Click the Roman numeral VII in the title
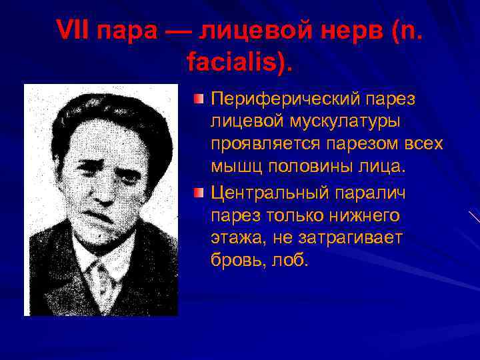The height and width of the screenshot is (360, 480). [75, 30]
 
